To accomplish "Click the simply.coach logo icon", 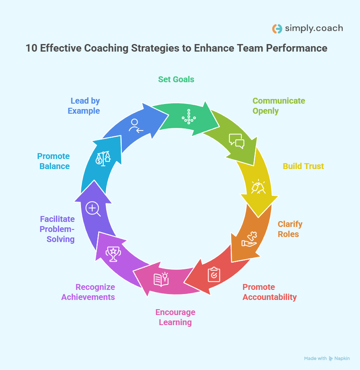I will (277, 29).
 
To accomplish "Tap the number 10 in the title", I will (31, 48).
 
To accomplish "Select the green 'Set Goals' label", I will (176, 79).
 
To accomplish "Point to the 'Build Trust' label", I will (303, 166).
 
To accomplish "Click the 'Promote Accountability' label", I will (269, 292).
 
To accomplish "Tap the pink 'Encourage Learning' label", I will (175, 317).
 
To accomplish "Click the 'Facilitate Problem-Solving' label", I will (57, 229).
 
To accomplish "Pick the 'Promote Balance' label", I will (54, 161).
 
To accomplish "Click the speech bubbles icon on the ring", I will (236, 141).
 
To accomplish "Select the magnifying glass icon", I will (93, 208).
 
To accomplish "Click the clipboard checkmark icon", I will (214, 274).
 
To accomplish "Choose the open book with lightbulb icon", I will (161, 279).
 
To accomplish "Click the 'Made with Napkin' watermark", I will (326, 358).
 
